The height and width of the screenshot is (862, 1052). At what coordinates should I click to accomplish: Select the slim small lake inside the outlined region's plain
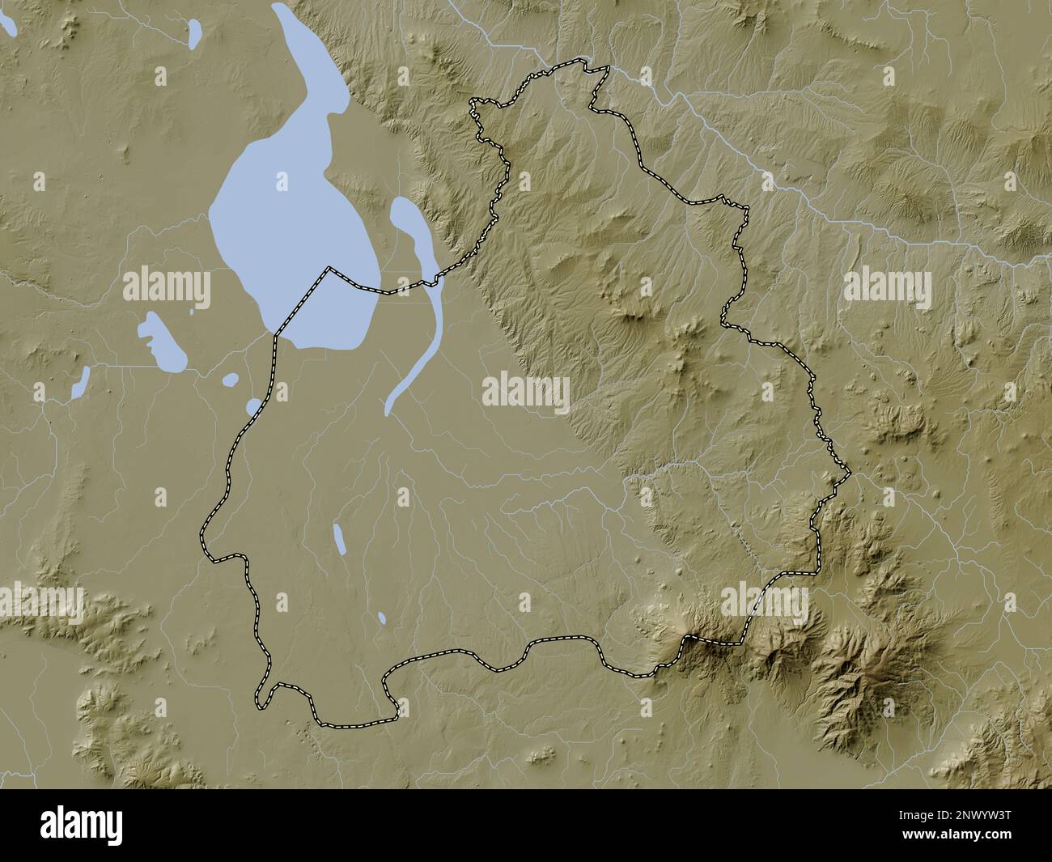(x=339, y=538)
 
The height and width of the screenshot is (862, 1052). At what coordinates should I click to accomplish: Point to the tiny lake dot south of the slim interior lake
(x=382, y=618)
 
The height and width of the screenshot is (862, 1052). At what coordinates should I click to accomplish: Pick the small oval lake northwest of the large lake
(x=195, y=32)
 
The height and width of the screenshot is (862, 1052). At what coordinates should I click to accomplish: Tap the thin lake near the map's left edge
(x=79, y=383)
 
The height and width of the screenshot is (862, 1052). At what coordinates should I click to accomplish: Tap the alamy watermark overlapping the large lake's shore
(x=167, y=288)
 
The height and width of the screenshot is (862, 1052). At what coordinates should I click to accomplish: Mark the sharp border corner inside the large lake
(x=328, y=267)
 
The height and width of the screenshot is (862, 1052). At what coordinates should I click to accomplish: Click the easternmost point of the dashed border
(x=849, y=470)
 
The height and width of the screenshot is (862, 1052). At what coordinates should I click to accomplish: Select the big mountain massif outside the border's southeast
(x=850, y=672)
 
